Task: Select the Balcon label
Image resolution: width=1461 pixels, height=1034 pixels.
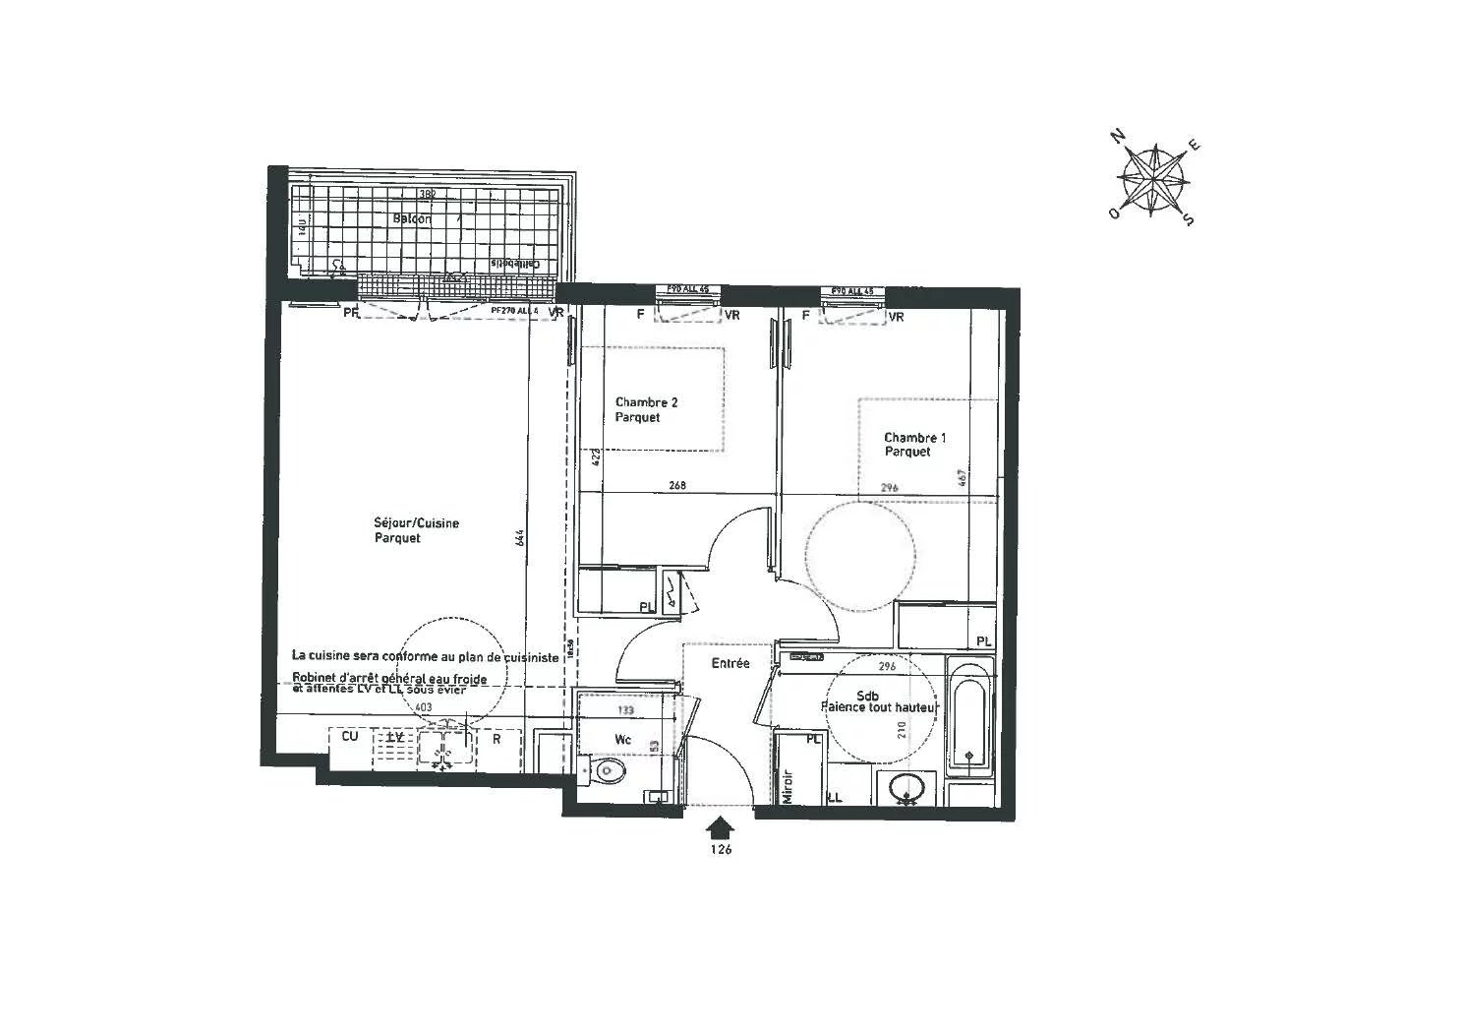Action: pyautogui.click(x=412, y=218)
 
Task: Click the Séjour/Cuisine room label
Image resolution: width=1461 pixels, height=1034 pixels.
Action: pyautogui.click(x=416, y=530)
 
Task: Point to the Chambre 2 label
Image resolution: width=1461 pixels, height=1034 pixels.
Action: pyautogui.click(x=646, y=409)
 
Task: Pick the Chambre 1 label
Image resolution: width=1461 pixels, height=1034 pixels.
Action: pyautogui.click(x=914, y=445)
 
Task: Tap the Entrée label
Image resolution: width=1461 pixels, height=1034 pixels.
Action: pyautogui.click(x=730, y=663)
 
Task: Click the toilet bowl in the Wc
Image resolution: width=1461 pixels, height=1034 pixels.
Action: pyautogui.click(x=610, y=771)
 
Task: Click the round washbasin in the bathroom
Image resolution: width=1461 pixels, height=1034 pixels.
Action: pyautogui.click(x=906, y=787)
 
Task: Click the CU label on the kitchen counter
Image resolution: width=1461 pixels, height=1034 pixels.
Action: pyautogui.click(x=349, y=736)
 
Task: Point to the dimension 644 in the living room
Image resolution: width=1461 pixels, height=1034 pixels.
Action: pyautogui.click(x=520, y=538)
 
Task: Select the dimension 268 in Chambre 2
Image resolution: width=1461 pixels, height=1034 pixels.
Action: pyautogui.click(x=676, y=485)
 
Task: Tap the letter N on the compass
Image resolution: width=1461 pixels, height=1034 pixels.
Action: pyautogui.click(x=1118, y=137)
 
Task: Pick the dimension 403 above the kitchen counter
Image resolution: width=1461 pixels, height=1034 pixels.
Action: pyautogui.click(x=423, y=706)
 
